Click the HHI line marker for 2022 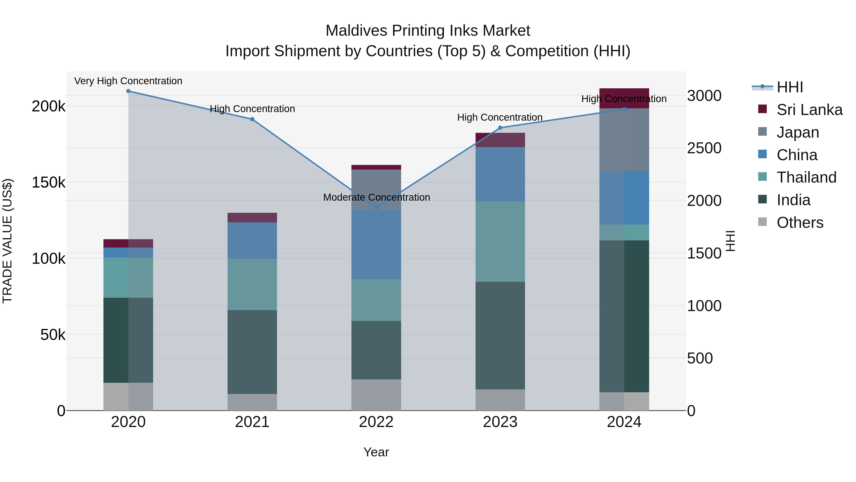click(376, 207)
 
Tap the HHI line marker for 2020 click(128, 91)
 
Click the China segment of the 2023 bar click(500, 174)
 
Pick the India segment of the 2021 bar click(252, 352)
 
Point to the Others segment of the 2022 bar click(376, 395)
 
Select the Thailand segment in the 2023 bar click(500, 242)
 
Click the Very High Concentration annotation click(128, 81)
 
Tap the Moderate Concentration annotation click(376, 197)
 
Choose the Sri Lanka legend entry click(809, 110)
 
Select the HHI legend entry click(789, 87)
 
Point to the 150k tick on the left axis click(49, 182)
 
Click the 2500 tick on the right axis click(704, 148)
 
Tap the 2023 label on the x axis click(500, 422)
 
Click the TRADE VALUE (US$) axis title click(7, 241)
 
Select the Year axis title click(376, 452)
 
